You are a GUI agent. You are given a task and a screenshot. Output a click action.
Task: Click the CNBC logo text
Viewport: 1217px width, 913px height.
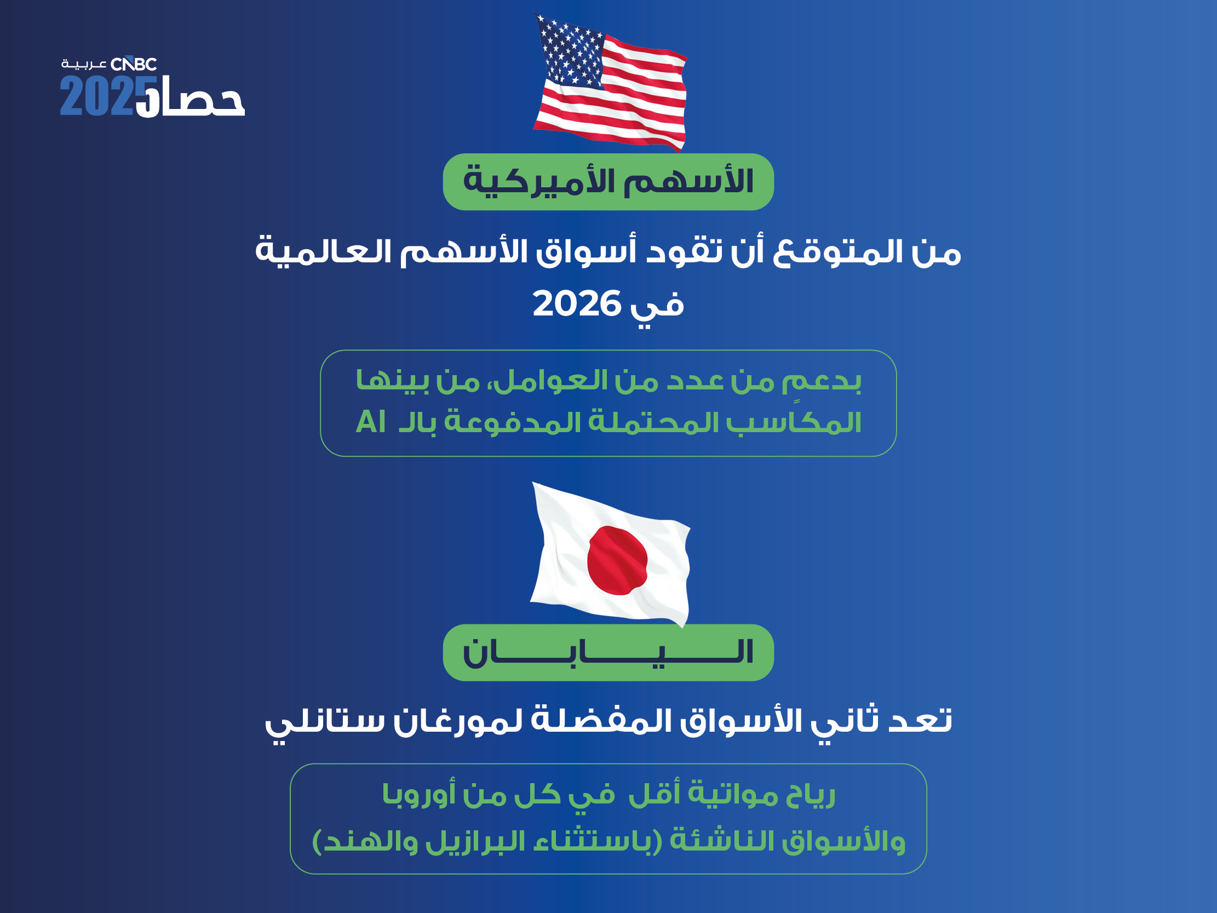click(134, 65)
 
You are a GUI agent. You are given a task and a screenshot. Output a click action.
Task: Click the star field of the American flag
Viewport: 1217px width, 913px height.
click(571, 51)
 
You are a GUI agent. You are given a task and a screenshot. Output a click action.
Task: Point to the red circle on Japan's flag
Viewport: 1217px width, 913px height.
click(617, 561)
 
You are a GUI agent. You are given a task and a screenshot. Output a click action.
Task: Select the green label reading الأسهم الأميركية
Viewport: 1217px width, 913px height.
click(608, 182)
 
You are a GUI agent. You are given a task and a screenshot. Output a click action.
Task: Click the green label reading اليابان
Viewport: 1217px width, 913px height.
click(608, 653)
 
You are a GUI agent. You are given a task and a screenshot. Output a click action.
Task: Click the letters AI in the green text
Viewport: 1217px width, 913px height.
click(371, 422)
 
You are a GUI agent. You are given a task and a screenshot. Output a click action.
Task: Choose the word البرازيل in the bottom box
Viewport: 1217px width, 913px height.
click(476, 840)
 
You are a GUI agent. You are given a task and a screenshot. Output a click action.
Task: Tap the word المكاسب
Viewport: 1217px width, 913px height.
click(794, 422)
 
